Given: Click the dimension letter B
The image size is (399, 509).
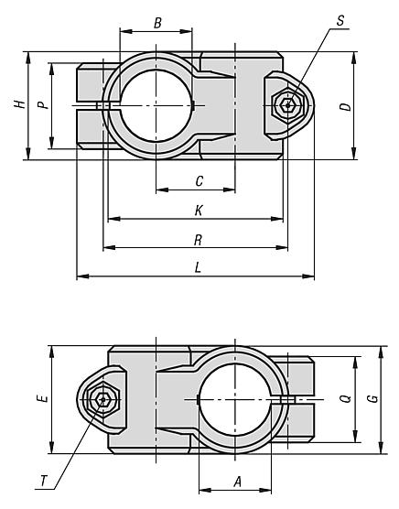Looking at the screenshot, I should (156, 22).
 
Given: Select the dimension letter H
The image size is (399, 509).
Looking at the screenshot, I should (18, 105).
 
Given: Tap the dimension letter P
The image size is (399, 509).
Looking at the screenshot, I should (42, 105).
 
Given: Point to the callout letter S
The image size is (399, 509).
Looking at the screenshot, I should (340, 19).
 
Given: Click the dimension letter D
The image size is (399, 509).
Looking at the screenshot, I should (344, 106).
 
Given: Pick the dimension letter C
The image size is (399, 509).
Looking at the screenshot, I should (199, 181).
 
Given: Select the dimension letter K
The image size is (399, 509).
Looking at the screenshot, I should (199, 211).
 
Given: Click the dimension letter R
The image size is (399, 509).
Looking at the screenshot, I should (199, 240).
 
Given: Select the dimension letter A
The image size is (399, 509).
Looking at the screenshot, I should (235, 479).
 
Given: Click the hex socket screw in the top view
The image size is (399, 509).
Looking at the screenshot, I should (290, 105).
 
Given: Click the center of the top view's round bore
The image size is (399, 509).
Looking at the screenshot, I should (156, 105).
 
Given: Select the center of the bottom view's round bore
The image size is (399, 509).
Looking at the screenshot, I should (235, 399).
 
